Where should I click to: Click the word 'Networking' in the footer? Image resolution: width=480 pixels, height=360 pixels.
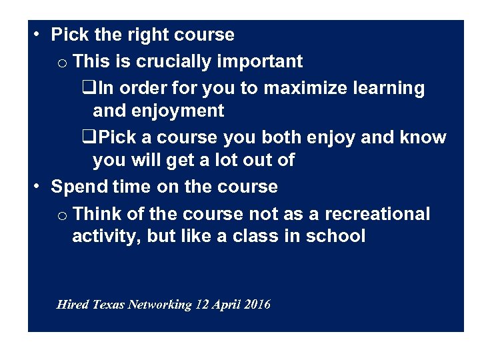point(160,305)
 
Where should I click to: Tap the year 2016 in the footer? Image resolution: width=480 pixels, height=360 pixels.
point(257,305)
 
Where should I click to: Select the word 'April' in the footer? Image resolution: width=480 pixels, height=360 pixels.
point(227,305)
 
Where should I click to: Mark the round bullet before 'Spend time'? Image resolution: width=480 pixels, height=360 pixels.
point(37,187)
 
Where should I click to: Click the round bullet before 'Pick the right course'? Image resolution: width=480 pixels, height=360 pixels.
point(37,34)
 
